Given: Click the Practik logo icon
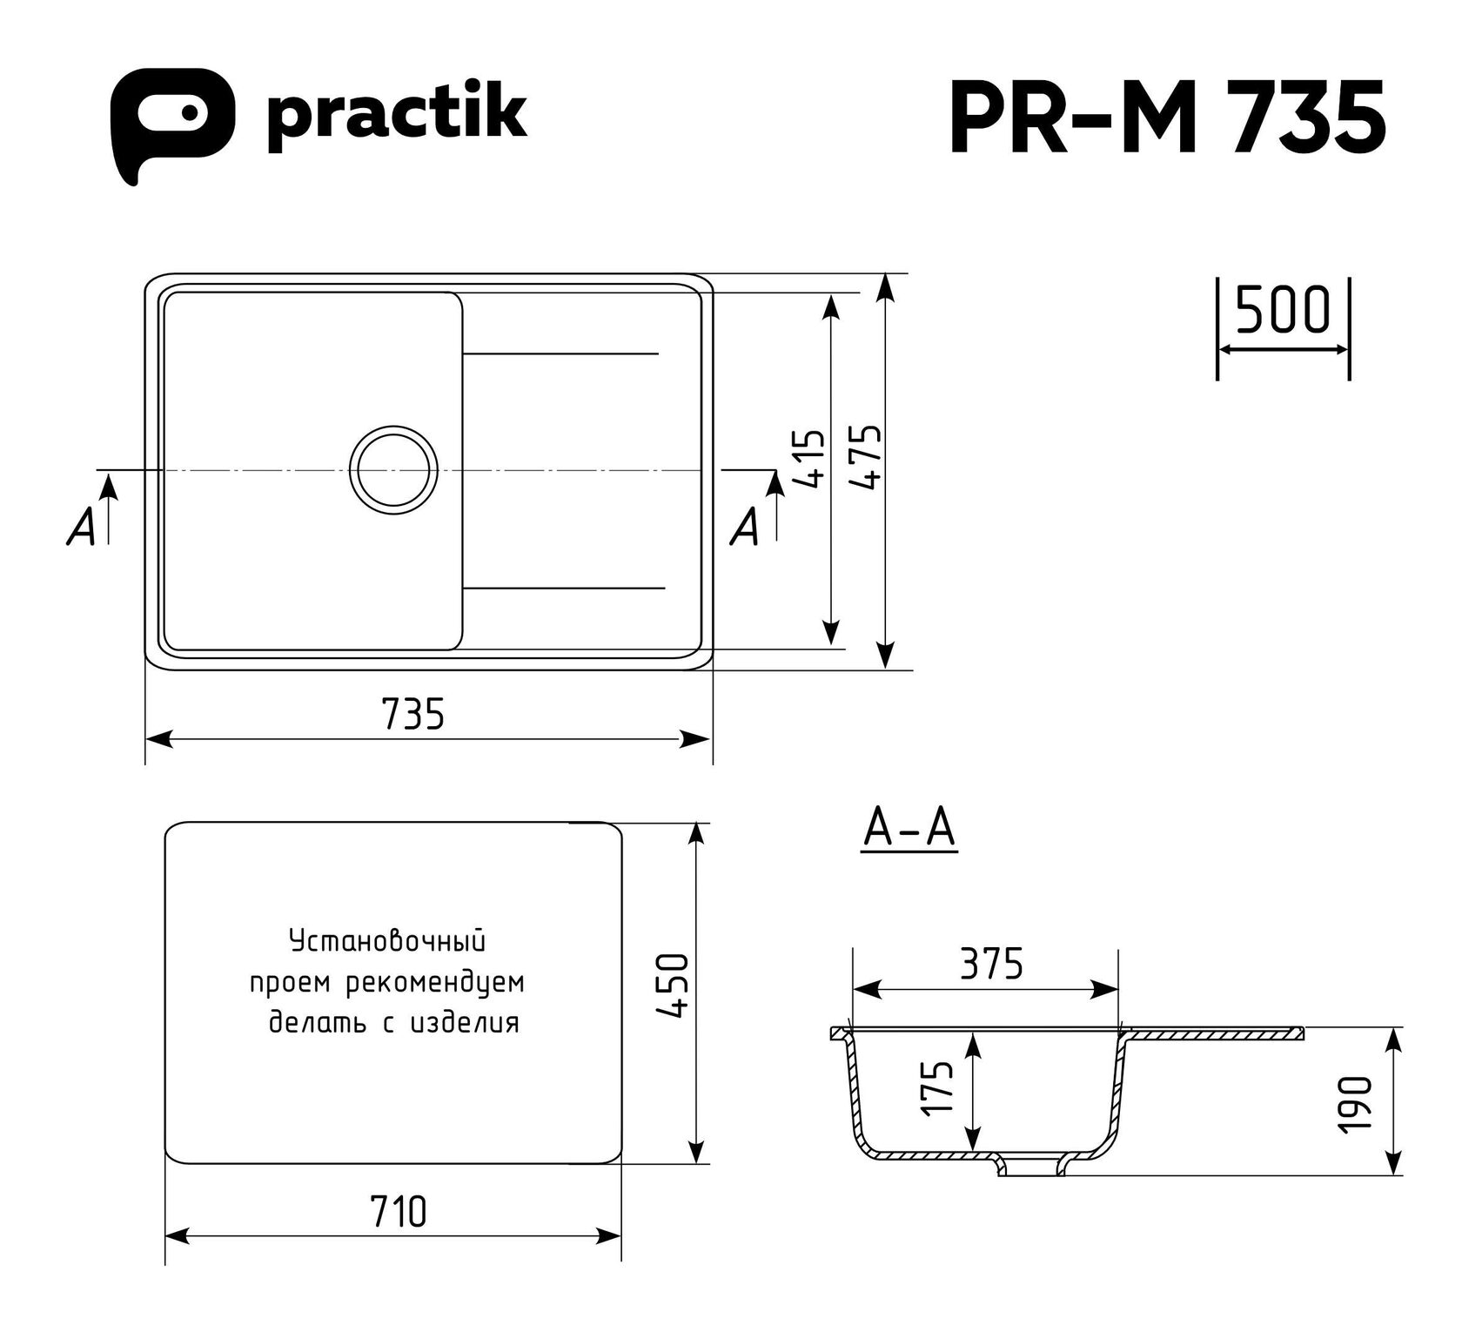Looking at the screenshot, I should [171, 122].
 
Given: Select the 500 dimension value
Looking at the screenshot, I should [1283, 310].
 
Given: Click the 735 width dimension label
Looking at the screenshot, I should [412, 714].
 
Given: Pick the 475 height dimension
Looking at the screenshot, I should [866, 457].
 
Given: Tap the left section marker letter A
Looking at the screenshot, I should [81, 527].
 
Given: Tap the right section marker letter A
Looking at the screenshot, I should [745, 527].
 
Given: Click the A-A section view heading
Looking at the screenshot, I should [909, 829].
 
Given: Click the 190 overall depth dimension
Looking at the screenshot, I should [1357, 1104].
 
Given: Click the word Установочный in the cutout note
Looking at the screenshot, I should [386, 943].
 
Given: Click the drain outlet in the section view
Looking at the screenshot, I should [1033, 1166].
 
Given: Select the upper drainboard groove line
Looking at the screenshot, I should [560, 353].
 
